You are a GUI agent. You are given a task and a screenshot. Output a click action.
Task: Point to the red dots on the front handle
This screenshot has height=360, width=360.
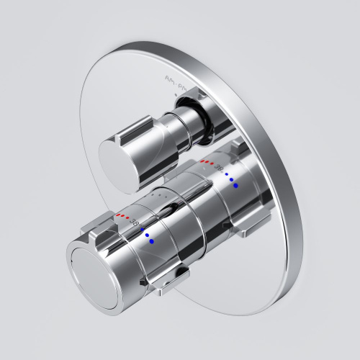(124, 215)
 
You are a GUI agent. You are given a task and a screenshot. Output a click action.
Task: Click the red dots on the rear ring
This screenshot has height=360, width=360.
(207, 162)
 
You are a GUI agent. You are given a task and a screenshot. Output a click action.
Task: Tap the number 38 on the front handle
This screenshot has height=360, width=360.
(135, 223)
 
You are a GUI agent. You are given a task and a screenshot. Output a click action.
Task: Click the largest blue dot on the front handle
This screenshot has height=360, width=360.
(152, 242)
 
